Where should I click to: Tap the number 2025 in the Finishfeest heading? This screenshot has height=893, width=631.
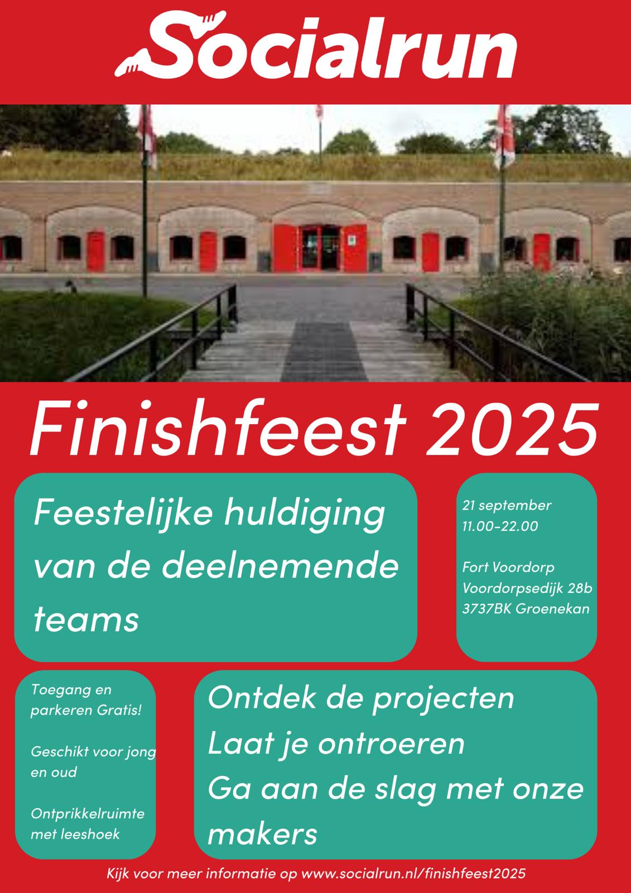[x=513, y=429]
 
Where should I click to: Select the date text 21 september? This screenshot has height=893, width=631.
[x=507, y=506]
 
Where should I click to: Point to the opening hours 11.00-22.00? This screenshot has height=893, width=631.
[x=500, y=526]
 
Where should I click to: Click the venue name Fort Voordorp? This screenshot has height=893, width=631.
[x=508, y=568]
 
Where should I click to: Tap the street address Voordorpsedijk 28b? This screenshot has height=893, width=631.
[x=527, y=588]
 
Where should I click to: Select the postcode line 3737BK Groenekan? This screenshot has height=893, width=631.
[x=526, y=609]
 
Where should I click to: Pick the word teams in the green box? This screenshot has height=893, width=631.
[x=86, y=620]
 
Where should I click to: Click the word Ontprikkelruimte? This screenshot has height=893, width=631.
[x=87, y=814]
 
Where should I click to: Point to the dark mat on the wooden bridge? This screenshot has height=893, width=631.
[x=324, y=351]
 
